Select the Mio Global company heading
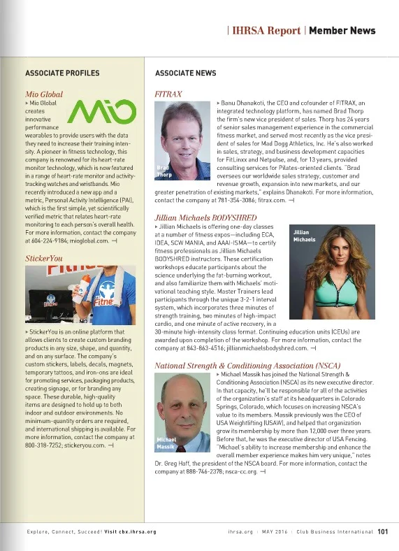coord(44,93)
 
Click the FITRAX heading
coord(167,93)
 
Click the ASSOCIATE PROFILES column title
coord(62,73)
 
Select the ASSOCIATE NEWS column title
coord(185,73)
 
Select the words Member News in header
coord(342,31)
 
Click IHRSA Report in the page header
coord(266,31)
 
